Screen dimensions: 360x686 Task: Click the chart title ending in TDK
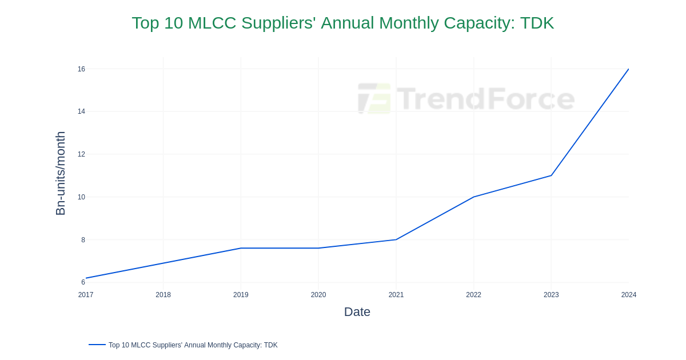tap(342, 23)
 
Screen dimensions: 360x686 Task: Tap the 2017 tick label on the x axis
tap(86, 295)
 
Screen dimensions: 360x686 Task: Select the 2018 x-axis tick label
tap(163, 295)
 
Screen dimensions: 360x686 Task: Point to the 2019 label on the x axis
tap(241, 295)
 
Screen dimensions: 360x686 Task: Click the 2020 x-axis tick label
tap(318, 295)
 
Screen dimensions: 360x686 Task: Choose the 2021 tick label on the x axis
tap(396, 295)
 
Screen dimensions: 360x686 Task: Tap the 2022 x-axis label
tap(473, 295)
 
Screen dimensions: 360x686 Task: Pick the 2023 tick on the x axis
tap(551, 295)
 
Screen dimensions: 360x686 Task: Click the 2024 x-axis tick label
tap(628, 295)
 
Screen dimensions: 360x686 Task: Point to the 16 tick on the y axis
tap(81, 69)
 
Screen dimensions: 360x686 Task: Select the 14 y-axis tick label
tap(81, 111)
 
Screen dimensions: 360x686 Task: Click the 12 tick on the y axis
tap(81, 154)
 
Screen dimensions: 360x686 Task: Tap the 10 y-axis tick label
tap(81, 197)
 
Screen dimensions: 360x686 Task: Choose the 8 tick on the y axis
tap(83, 240)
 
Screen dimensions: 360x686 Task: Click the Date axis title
tap(357, 312)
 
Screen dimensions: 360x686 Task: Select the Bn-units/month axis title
tap(60, 173)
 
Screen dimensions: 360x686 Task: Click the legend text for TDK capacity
tap(193, 345)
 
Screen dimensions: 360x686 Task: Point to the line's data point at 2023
tap(551, 175)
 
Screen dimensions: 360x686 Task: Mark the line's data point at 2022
tap(473, 197)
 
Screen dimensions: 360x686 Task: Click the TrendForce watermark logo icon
tap(374, 98)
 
